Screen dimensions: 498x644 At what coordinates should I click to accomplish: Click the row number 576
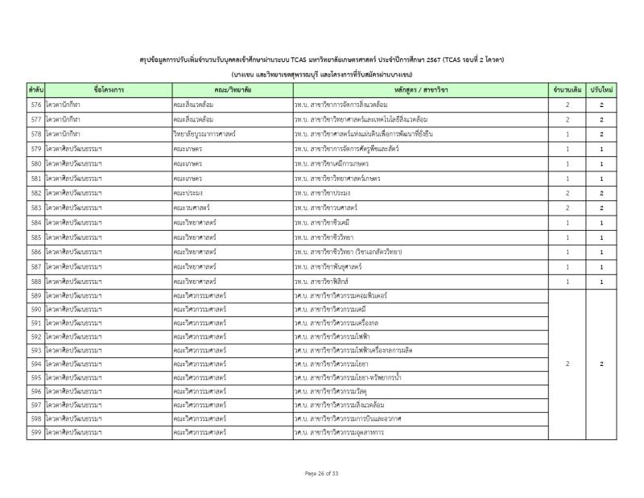35,105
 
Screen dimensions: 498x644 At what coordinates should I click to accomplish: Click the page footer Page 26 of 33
322,472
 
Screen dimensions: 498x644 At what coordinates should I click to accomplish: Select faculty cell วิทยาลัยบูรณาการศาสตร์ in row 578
207,134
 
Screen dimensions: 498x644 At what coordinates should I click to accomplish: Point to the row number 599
35,432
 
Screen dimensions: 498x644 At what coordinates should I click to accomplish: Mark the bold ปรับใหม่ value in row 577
601,120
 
